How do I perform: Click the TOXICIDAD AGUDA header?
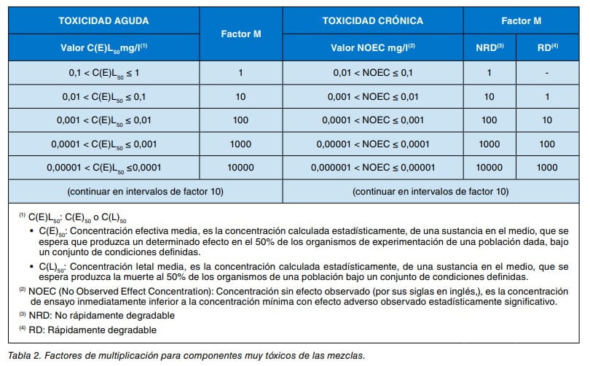point(104,20)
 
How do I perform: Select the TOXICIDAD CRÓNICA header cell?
point(373,20)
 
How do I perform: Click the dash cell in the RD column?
point(547,73)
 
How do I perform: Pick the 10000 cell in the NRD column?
point(489,167)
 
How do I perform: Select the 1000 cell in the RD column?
point(547,167)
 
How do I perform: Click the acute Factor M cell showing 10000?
point(240,167)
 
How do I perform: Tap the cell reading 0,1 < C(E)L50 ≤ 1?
point(104,73)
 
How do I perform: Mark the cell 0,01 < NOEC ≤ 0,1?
point(373,73)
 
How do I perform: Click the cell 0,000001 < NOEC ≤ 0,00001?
point(373,167)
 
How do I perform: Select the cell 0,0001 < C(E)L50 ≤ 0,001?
point(104,144)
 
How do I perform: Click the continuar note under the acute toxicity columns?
point(145,192)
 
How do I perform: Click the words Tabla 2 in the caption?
point(26,356)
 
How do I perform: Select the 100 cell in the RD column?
point(547,144)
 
